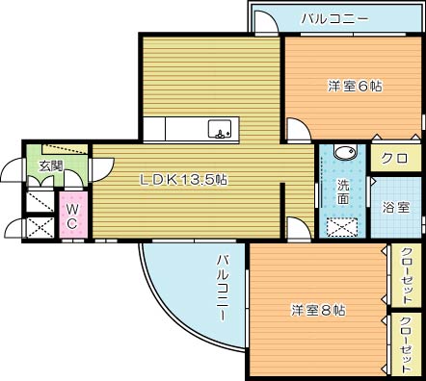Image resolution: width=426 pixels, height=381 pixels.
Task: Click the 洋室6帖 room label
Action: pos(355,87)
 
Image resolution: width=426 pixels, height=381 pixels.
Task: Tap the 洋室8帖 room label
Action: pos(319,310)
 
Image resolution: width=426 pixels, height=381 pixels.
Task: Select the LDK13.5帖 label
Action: pos(184,179)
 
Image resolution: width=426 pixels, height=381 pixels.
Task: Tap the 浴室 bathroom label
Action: pos(396,207)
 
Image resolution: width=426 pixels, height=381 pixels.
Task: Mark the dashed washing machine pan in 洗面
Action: pos(343,226)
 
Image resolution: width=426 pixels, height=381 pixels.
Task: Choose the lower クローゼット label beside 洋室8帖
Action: pos(406,343)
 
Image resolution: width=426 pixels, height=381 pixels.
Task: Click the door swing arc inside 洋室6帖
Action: pos(299,128)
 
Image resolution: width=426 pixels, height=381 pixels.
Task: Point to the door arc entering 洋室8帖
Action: pos(296,228)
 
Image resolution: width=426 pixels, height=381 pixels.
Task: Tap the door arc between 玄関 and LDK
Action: pos(100,170)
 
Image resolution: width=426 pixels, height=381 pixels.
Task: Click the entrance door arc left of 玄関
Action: pos(12,169)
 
